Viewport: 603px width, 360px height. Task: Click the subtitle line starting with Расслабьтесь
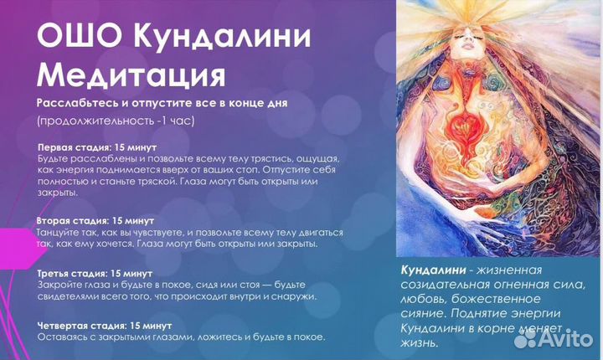click(162, 102)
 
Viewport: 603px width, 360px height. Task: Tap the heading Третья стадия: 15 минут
click(94, 274)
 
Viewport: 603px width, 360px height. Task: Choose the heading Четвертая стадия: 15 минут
click(104, 324)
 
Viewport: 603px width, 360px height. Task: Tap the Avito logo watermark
click(555, 339)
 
